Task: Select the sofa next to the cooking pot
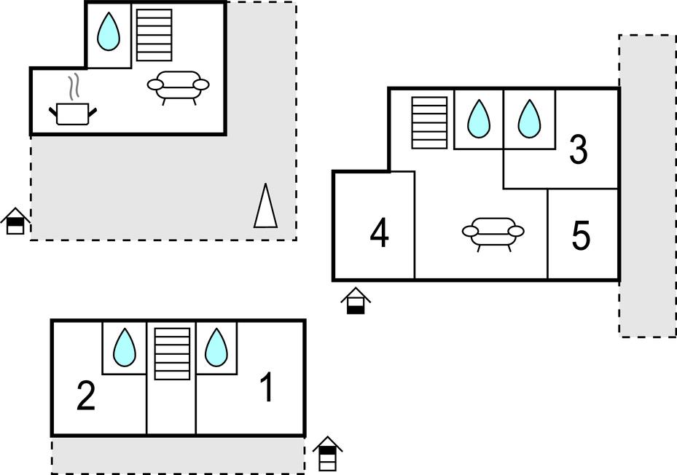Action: click(x=178, y=86)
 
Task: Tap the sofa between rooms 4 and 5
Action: click(x=493, y=232)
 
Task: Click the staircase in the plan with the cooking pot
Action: click(x=154, y=35)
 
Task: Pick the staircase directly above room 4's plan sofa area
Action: click(x=429, y=122)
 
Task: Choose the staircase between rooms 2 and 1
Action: click(x=172, y=353)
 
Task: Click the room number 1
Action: click(x=267, y=388)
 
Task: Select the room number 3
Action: click(x=578, y=150)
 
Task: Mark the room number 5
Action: click(x=581, y=236)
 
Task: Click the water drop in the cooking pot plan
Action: click(x=109, y=32)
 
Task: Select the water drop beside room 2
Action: click(x=125, y=348)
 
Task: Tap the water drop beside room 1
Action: click(x=216, y=348)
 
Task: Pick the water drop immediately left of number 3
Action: click(x=529, y=119)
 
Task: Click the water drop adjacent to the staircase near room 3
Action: click(x=478, y=119)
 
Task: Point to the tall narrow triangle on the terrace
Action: click(x=265, y=206)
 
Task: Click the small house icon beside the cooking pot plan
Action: click(x=15, y=221)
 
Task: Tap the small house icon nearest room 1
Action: click(x=328, y=454)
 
